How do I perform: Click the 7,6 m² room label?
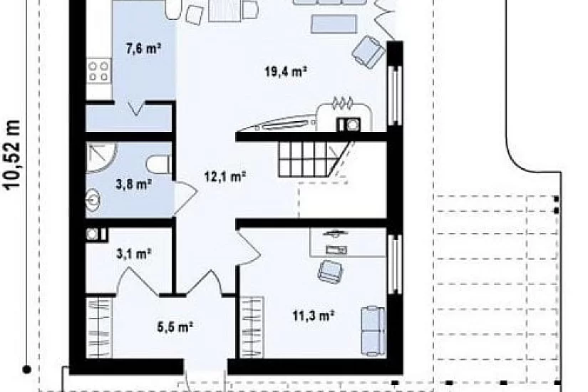point(144,48)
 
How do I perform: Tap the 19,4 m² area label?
point(286,71)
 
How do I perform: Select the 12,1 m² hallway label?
point(225,176)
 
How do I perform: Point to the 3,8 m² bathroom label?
point(134,184)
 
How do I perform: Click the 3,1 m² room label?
point(134,254)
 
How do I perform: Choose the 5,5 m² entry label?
point(175,326)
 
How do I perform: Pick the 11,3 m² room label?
point(314,316)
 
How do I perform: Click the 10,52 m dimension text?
point(13,154)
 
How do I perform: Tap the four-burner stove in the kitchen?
point(98,71)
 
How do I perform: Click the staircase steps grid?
point(304,159)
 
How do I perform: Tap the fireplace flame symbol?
point(342,103)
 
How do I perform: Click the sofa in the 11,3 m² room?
point(373,331)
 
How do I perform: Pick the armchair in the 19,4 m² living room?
point(368,52)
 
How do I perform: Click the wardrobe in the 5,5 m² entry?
point(99,327)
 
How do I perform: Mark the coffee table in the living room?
point(334,24)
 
